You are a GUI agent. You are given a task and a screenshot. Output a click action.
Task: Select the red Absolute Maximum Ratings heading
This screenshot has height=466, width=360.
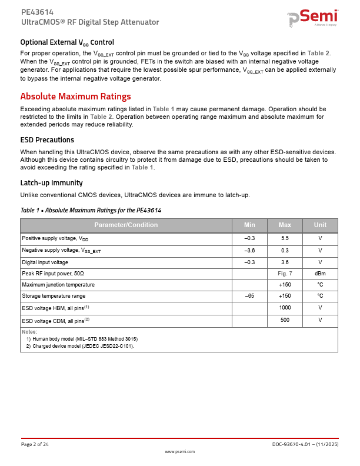click(x=75, y=96)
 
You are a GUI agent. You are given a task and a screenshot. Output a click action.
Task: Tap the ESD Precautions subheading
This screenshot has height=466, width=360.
click(x=47, y=140)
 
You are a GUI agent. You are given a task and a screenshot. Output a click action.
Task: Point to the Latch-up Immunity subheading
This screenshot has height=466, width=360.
click(x=51, y=182)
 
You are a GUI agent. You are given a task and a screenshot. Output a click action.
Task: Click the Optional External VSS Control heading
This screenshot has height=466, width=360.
click(x=67, y=42)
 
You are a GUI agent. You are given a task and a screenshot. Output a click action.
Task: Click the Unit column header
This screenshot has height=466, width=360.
click(x=320, y=225)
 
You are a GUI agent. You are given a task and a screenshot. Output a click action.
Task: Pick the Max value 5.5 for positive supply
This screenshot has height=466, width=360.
click(x=285, y=239)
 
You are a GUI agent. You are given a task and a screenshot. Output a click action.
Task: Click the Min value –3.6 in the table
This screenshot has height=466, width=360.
click(x=249, y=251)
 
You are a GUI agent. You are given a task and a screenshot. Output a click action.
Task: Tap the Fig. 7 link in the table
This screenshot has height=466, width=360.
click(x=285, y=274)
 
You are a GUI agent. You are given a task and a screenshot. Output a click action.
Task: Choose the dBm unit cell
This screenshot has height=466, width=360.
click(x=320, y=274)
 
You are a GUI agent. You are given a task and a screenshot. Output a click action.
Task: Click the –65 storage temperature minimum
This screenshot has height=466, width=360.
click(x=249, y=296)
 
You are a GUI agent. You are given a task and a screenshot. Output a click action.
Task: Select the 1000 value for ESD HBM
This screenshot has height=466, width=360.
click(x=285, y=308)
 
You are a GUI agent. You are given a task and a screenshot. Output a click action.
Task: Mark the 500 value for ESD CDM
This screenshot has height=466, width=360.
click(x=285, y=320)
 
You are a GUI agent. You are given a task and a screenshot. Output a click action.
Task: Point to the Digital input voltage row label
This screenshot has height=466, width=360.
click(x=45, y=262)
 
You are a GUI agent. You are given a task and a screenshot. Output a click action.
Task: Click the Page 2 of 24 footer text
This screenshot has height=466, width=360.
click(x=35, y=444)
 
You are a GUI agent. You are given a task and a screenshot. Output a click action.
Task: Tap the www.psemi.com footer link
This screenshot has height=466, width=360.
click(x=179, y=451)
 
